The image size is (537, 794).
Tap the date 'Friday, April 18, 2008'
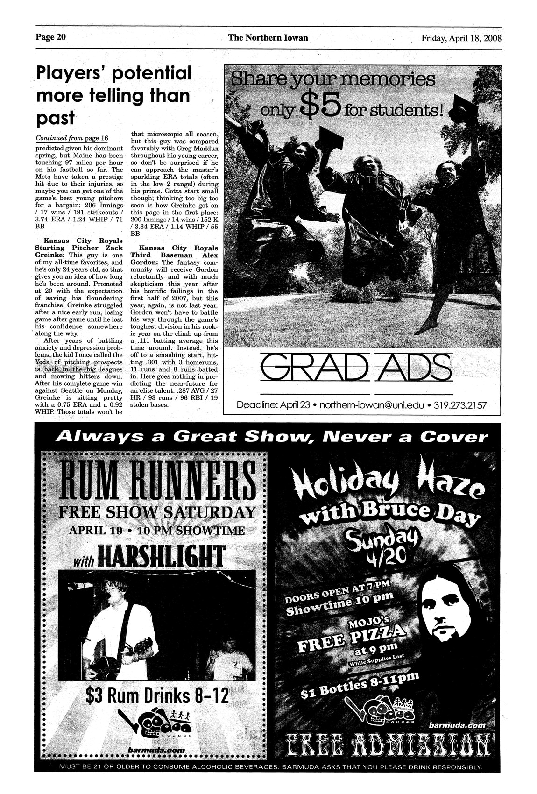point(461,38)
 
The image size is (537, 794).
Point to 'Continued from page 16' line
point(72,138)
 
